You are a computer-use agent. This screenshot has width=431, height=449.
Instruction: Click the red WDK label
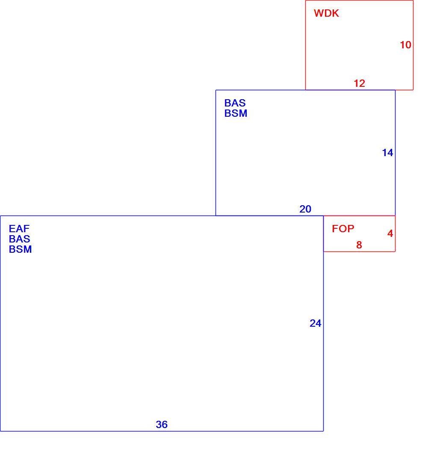click(x=326, y=13)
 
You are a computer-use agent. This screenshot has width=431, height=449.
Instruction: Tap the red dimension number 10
click(x=405, y=44)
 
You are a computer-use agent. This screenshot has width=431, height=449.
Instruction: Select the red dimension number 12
click(x=360, y=83)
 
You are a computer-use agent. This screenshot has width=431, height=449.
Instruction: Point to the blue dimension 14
click(x=387, y=153)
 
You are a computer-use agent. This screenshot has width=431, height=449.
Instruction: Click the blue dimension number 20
click(x=305, y=209)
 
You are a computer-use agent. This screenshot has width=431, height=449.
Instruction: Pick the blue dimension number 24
click(x=315, y=323)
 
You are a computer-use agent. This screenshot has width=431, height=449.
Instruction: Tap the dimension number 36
click(x=162, y=424)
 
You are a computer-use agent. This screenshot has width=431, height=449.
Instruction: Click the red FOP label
click(x=343, y=228)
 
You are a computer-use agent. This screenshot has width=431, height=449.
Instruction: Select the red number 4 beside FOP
click(x=390, y=233)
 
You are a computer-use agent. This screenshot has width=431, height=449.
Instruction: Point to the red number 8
click(x=359, y=245)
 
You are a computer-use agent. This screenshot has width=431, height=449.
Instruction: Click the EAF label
click(x=19, y=228)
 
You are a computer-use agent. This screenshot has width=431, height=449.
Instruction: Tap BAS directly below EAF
click(x=20, y=239)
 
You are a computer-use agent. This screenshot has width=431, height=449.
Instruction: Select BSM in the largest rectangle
click(x=21, y=249)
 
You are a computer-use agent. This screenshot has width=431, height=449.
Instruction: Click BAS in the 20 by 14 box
click(x=235, y=103)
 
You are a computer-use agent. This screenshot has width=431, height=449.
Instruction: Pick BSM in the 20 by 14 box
click(x=236, y=113)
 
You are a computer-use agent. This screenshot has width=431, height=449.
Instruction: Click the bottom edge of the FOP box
click(x=360, y=252)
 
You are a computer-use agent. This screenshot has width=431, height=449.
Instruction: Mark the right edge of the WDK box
click(x=413, y=45)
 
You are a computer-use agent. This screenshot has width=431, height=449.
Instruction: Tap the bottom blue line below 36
click(x=162, y=431)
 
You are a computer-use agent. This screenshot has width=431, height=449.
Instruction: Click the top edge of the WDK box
click(x=360, y=0)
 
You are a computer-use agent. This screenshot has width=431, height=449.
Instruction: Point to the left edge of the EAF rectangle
click(x=0, y=323)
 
